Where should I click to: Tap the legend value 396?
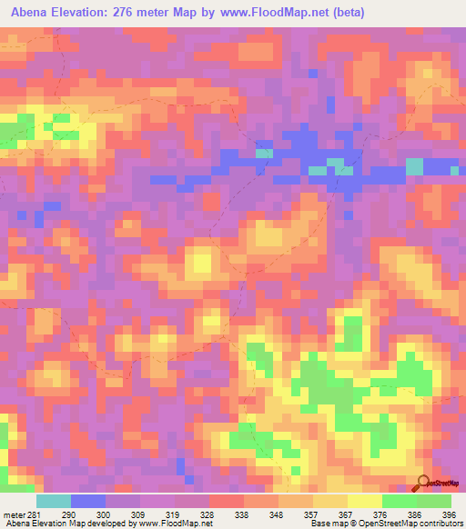(x=449, y=514)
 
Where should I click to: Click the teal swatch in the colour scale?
(x=53, y=501)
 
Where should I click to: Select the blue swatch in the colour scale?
(x=87, y=501)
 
